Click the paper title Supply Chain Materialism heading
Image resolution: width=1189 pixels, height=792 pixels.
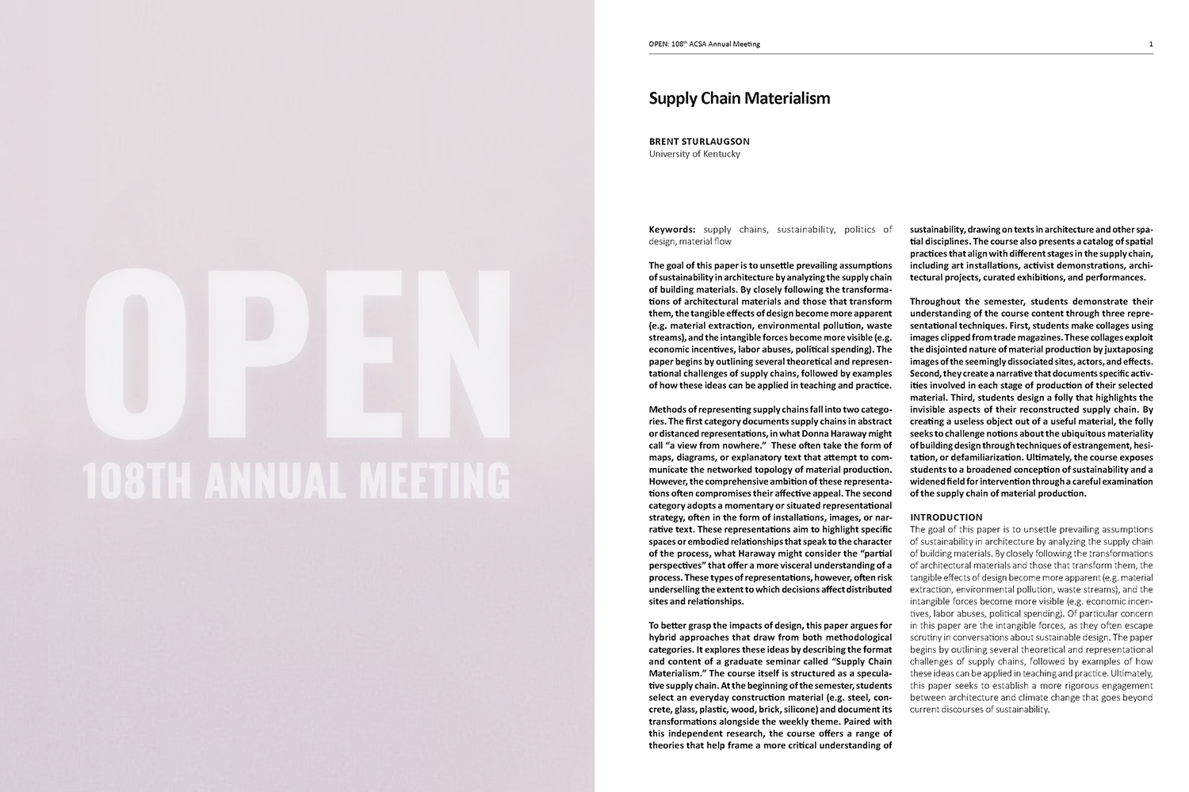pos(739,98)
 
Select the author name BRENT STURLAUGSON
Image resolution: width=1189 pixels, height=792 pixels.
pos(699,142)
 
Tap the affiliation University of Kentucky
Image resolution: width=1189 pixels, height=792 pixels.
pos(694,154)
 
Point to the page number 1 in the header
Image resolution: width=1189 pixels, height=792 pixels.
pos(1150,44)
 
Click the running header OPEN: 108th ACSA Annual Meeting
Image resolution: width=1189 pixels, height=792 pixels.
pos(704,44)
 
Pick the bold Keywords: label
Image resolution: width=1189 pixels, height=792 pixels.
pos(672,230)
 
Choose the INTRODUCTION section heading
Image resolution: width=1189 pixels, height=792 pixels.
pos(946,517)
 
